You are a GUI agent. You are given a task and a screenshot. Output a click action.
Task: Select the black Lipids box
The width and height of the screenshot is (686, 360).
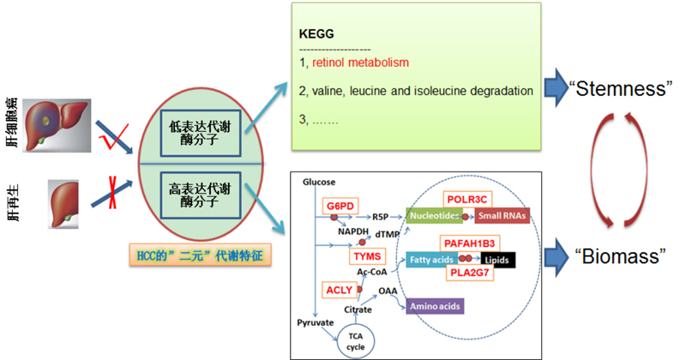tap(498, 258)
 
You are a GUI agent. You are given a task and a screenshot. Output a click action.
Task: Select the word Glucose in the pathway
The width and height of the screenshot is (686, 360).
tap(319, 183)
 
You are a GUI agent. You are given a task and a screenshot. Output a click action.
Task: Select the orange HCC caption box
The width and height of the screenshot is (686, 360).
tap(202, 255)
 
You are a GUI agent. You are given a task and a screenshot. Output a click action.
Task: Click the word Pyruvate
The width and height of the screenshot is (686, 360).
tap(315, 324)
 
